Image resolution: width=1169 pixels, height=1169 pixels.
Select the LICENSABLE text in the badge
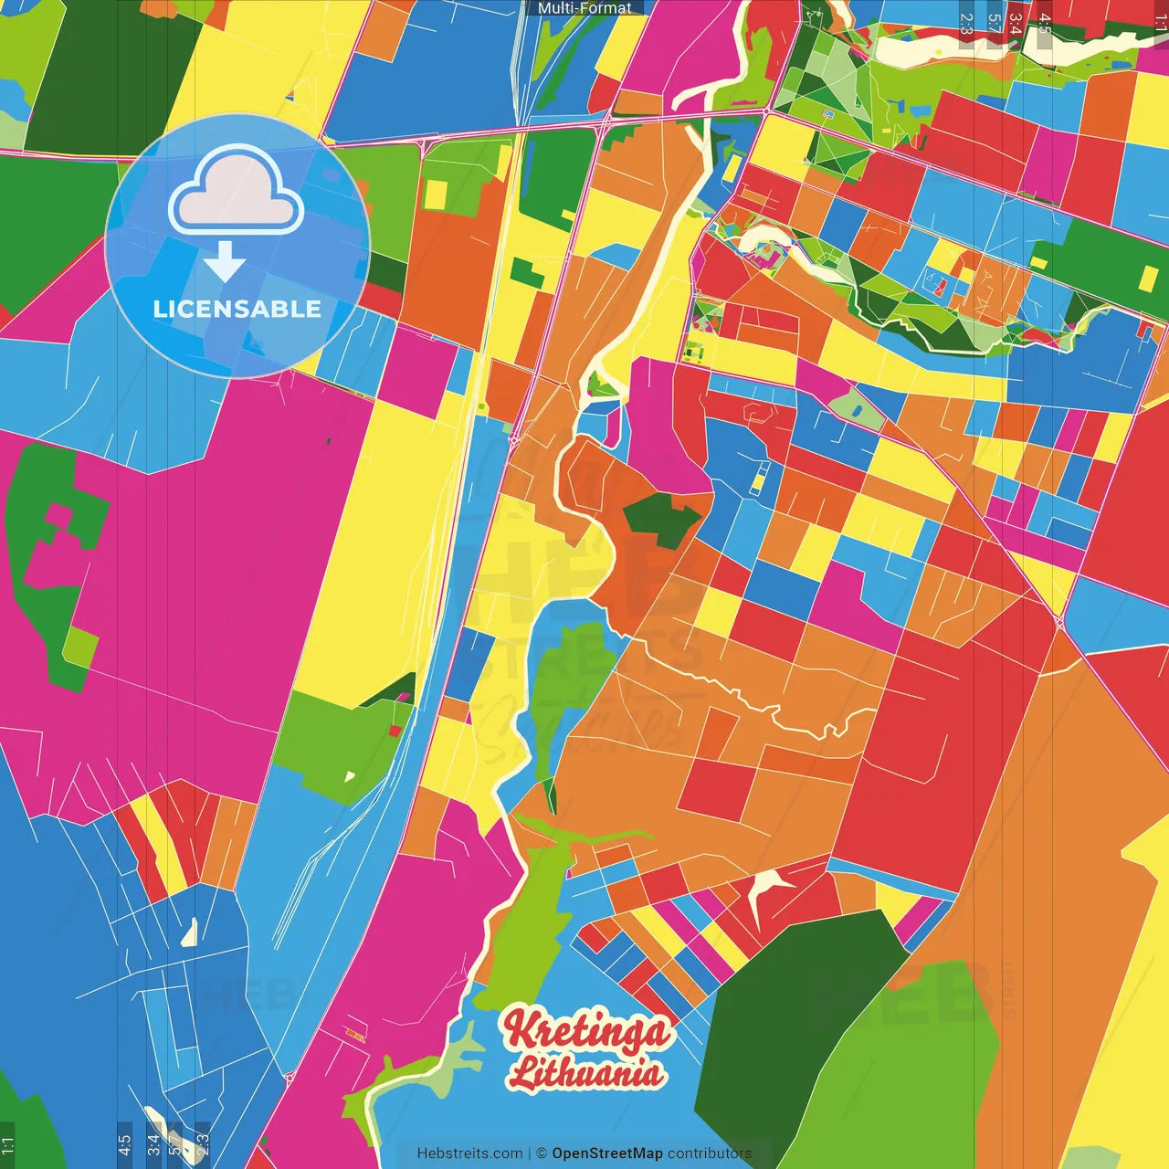pyautogui.click(x=237, y=310)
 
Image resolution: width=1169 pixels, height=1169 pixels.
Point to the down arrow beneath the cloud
pyautogui.click(x=225, y=263)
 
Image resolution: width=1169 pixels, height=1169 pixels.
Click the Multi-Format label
pyautogui.click(x=584, y=7)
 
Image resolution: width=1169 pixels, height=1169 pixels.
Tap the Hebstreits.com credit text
pyautogui.click(x=469, y=1153)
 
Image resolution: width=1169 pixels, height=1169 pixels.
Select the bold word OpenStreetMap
pyautogui.click(x=606, y=1153)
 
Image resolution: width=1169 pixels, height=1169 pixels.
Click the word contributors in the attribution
pyautogui.click(x=710, y=1153)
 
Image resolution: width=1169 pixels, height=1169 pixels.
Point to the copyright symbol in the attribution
pyautogui.click(x=541, y=1153)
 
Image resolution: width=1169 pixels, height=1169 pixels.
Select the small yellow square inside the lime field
pyautogui.click(x=437, y=194)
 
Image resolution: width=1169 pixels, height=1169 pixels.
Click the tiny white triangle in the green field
pyautogui.click(x=350, y=777)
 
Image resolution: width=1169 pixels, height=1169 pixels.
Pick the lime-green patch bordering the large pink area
pyautogui.click(x=80, y=646)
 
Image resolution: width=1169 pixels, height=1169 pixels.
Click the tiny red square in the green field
pyautogui.click(x=395, y=731)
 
